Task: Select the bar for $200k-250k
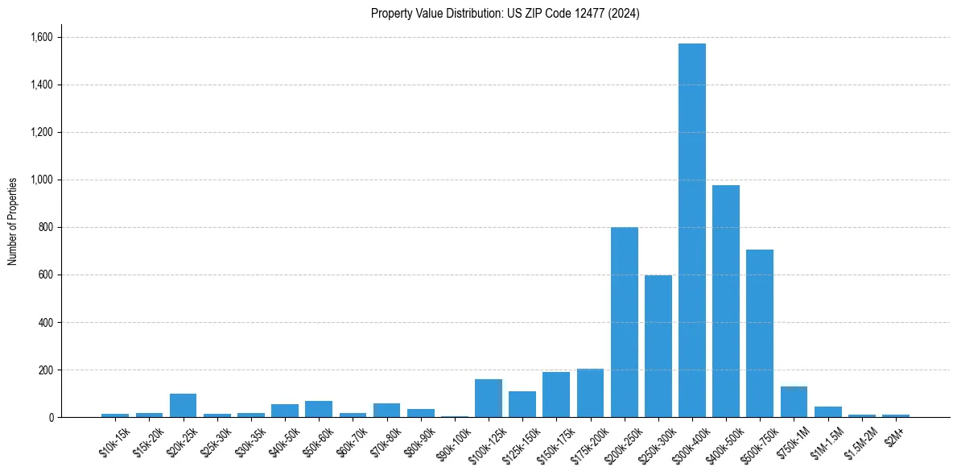[x=624, y=322]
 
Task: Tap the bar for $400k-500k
[x=725, y=301]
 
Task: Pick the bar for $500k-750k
[x=759, y=333]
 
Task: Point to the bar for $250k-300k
[x=658, y=346]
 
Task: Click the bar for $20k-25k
[x=183, y=406]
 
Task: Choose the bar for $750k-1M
[x=794, y=402]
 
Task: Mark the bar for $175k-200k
[x=590, y=393]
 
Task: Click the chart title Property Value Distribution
[x=505, y=14]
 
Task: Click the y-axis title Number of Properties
[x=13, y=221]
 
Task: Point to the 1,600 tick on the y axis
[x=41, y=37]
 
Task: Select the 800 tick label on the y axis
[x=45, y=227]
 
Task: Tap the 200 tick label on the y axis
[x=45, y=370]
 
